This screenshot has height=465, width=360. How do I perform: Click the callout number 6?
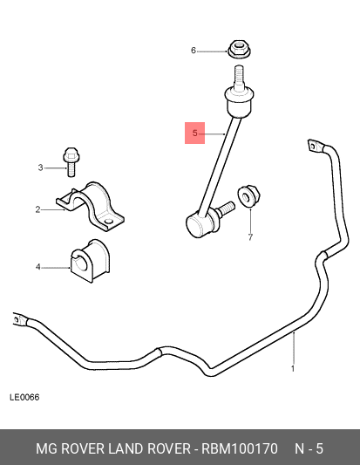click(194, 51)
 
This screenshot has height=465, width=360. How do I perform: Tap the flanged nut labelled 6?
click(239, 49)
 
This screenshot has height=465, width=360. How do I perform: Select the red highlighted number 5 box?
click(194, 133)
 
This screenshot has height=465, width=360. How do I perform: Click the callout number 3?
click(41, 168)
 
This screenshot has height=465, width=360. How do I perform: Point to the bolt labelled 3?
click(71, 161)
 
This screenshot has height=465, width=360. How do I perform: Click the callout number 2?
click(37, 209)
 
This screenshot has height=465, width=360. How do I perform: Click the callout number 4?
click(38, 267)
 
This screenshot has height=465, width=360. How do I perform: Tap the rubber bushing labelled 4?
click(90, 261)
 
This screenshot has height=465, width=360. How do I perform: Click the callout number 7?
click(251, 237)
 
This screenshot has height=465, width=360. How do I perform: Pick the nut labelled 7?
click(249, 195)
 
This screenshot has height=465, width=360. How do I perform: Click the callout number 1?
click(293, 369)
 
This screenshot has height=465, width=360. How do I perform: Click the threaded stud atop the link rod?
click(239, 77)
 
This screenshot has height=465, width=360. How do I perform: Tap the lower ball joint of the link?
click(199, 224)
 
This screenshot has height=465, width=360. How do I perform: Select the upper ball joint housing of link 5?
click(239, 102)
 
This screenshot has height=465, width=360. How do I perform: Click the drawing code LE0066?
click(24, 397)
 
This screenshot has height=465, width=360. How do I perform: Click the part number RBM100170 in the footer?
click(240, 448)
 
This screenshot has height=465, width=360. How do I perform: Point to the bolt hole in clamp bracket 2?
click(109, 222)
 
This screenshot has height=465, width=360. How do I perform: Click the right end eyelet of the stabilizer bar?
click(314, 146)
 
